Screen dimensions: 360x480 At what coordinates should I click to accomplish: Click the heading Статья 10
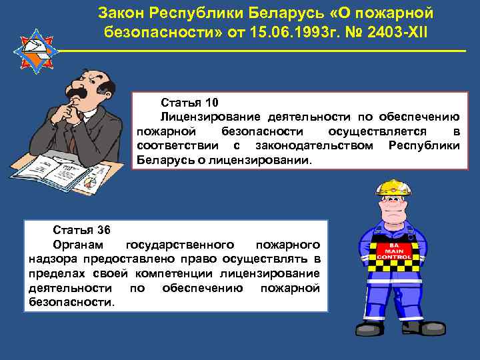coord(189,103)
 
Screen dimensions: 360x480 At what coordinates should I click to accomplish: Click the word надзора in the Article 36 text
coord(51,259)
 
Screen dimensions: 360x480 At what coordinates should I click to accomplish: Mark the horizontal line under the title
coord(260,52)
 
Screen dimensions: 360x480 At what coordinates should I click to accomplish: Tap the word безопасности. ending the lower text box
coord(72,302)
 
